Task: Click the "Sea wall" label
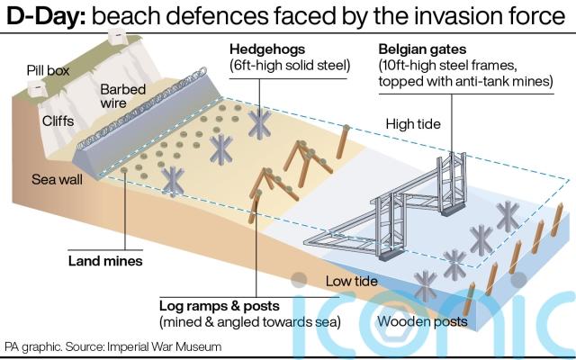coord(56,178)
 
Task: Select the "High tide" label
coord(412,123)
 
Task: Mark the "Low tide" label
coord(353,282)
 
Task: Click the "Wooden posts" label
coord(422,321)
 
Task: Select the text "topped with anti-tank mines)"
coord(464,82)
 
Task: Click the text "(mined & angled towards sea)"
coord(248,321)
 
